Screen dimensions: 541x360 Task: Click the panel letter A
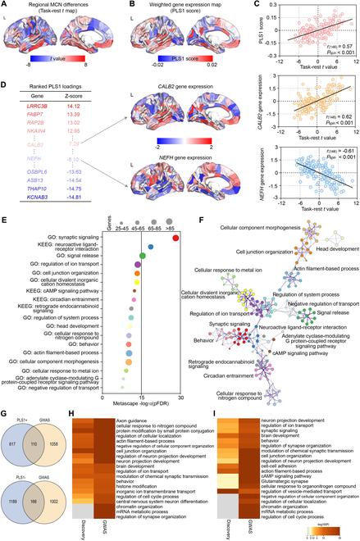click(4, 5)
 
